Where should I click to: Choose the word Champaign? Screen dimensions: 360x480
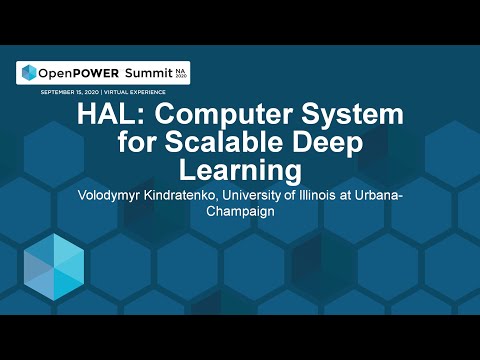click(239, 212)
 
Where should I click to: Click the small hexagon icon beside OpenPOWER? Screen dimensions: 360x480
click(27, 73)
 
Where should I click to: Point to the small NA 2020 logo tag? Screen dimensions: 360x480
click(179, 72)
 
